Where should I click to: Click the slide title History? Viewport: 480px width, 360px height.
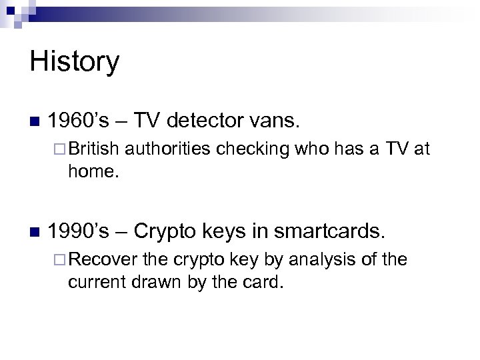(75, 63)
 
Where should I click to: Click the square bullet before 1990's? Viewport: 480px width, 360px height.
(35, 232)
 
